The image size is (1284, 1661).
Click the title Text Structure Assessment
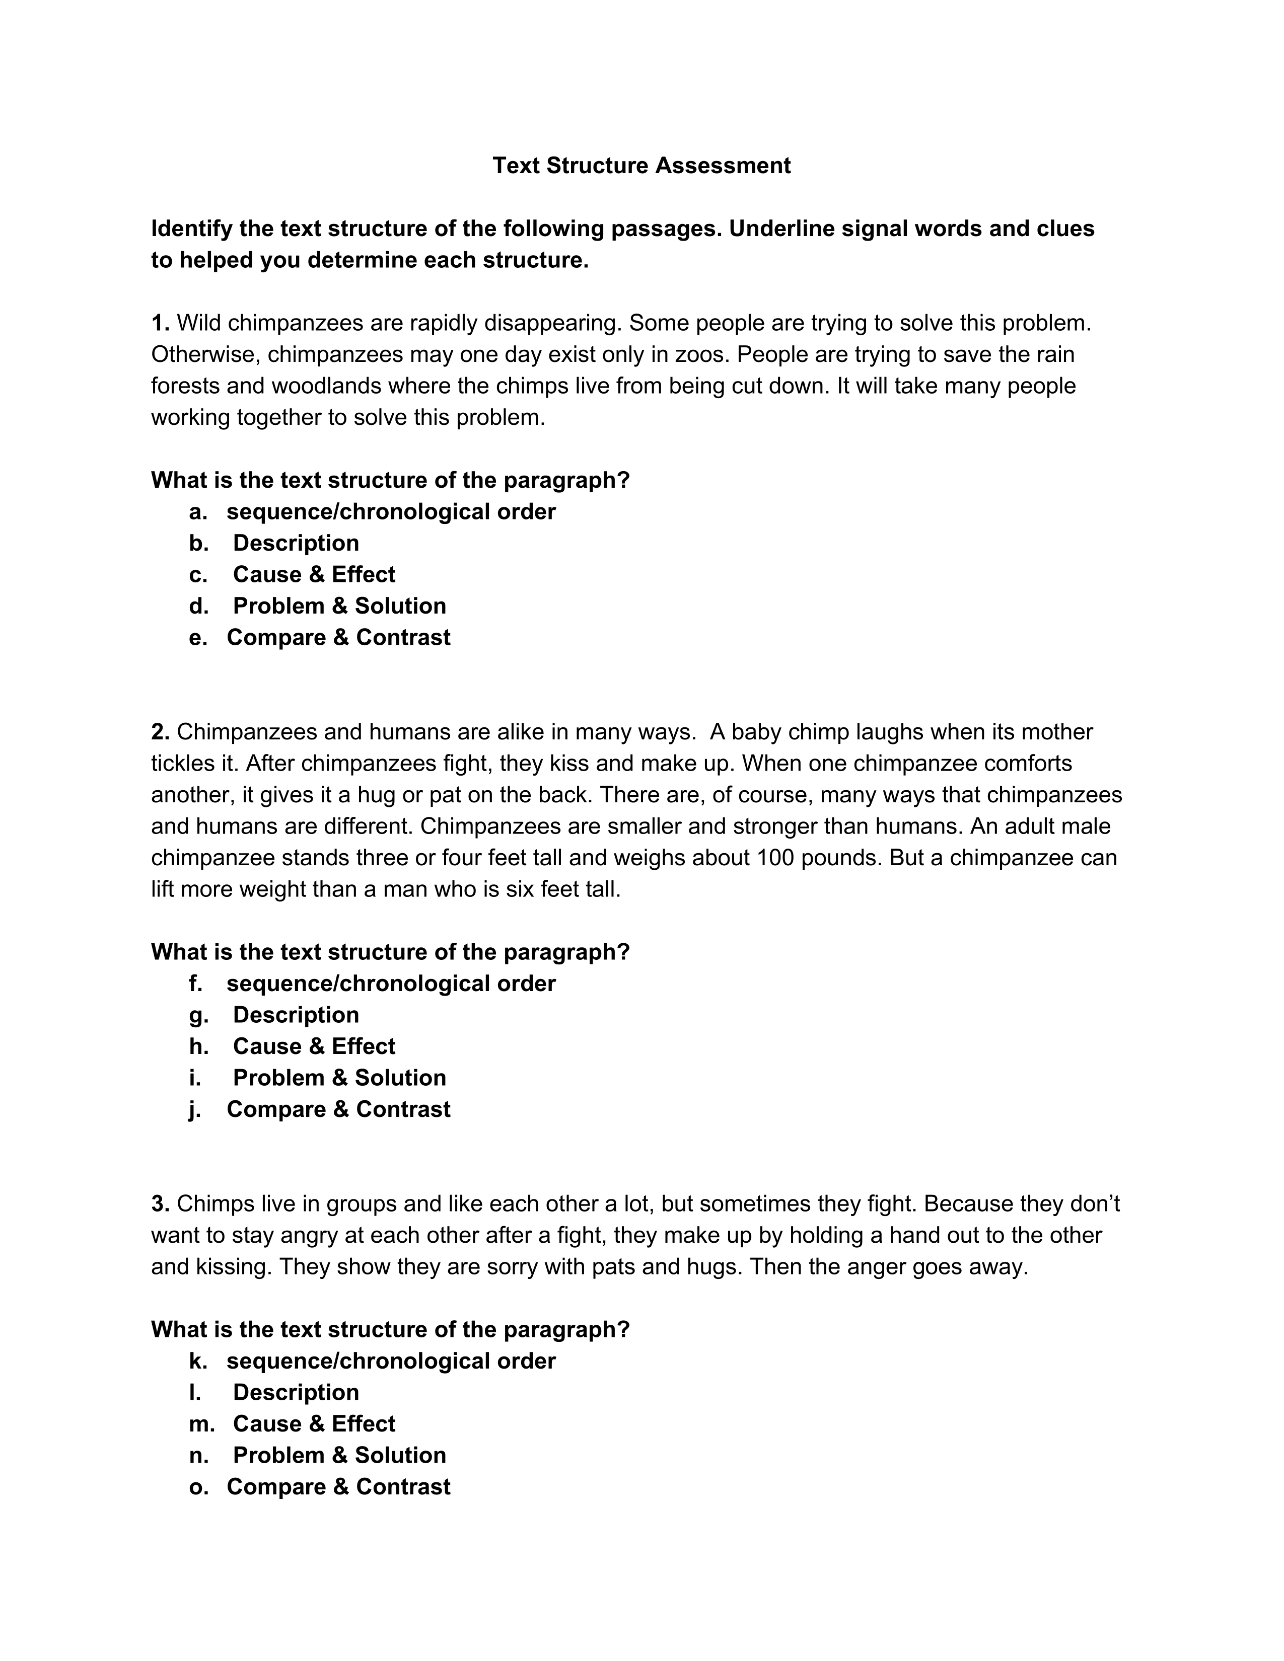click(x=641, y=166)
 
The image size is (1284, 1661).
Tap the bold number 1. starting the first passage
click(x=160, y=323)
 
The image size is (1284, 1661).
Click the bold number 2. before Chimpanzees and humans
click(x=160, y=732)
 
